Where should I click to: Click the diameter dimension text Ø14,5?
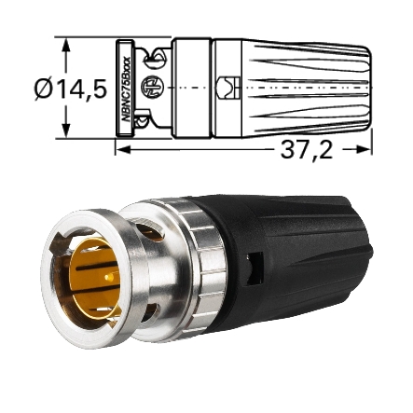pos(70,89)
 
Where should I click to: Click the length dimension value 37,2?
pos(307,149)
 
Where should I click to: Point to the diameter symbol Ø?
pos(43,89)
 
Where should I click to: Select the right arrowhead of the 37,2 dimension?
pos(366,149)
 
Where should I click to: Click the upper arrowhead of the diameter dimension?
pos(65,44)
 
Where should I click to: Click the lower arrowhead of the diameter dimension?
pos(65,132)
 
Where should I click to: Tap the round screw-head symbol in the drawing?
pos(150,87)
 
